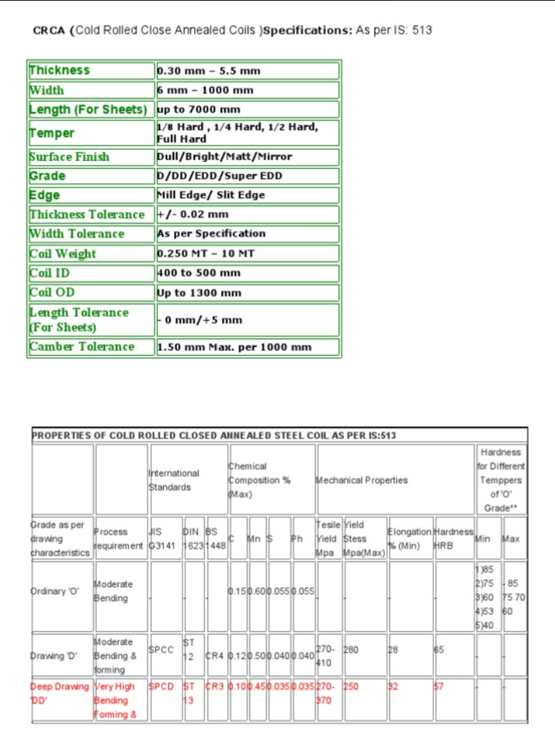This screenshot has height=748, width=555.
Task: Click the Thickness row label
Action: pyautogui.click(x=60, y=70)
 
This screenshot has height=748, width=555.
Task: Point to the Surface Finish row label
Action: pyautogui.click(x=70, y=157)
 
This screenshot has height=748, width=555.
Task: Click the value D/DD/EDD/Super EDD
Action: pyautogui.click(x=220, y=176)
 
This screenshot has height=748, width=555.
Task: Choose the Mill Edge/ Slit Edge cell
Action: pyautogui.click(x=211, y=195)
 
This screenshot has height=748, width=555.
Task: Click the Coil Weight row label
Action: pyautogui.click(x=63, y=254)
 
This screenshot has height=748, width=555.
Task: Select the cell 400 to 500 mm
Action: pyautogui.click(x=199, y=273)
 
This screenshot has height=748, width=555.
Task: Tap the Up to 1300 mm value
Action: pyautogui.click(x=199, y=293)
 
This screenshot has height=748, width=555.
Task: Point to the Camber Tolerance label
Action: pyautogui.click(x=81, y=346)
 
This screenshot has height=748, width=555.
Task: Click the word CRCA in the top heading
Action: pyautogui.click(x=49, y=31)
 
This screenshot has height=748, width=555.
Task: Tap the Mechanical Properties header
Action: pyautogui.click(x=361, y=480)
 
